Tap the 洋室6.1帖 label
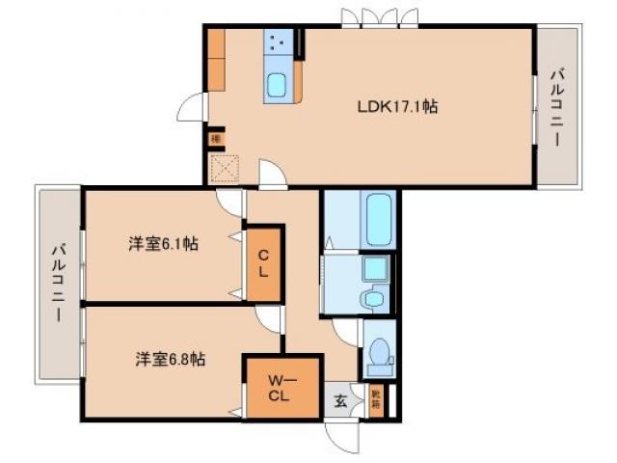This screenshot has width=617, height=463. click(x=163, y=245)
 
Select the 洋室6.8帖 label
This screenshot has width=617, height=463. click(x=168, y=359)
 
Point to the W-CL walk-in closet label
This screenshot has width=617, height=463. click(x=278, y=388)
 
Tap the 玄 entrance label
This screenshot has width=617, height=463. click(x=340, y=401)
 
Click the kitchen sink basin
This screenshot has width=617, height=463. click(x=278, y=86)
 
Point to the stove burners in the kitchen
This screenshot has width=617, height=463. click(x=278, y=43)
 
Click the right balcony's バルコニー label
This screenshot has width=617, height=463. click(x=556, y=107)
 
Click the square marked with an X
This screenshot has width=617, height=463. click(x=225, y=168)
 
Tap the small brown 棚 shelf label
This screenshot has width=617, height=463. click(x=217, y=137)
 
